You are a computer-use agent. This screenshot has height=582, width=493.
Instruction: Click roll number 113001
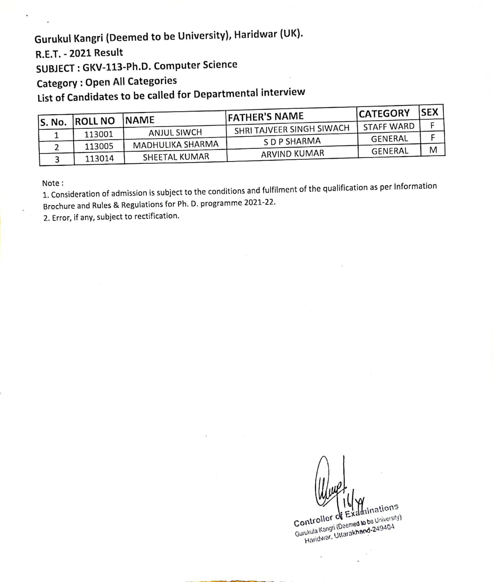pos(99,134)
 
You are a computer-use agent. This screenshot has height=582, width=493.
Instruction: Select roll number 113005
pos(99,146)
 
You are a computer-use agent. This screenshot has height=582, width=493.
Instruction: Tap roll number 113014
pos(99,159)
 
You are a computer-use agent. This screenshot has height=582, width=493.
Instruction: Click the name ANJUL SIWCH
pos(175,133)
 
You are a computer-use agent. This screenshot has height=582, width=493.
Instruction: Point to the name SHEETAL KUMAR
pos(176,157)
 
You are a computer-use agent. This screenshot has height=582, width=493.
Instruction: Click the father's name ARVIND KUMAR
pos(292,154)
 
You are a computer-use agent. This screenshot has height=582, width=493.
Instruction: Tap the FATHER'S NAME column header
pos(266,117)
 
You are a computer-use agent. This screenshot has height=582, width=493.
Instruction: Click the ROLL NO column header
pos(95,121)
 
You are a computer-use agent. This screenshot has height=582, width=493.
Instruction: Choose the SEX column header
pos(430,113)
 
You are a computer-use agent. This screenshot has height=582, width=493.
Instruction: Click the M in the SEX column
pos(433,150)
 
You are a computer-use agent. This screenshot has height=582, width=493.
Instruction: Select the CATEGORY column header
pos(384,114)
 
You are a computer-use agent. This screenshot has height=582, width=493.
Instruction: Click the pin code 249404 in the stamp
pos(383,528)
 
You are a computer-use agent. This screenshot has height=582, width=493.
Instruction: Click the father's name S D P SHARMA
pos(292,141)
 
